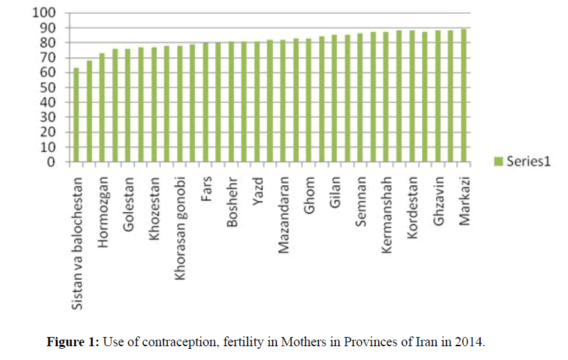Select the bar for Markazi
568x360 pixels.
point(464,96)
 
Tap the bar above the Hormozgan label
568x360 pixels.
point(102,108)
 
